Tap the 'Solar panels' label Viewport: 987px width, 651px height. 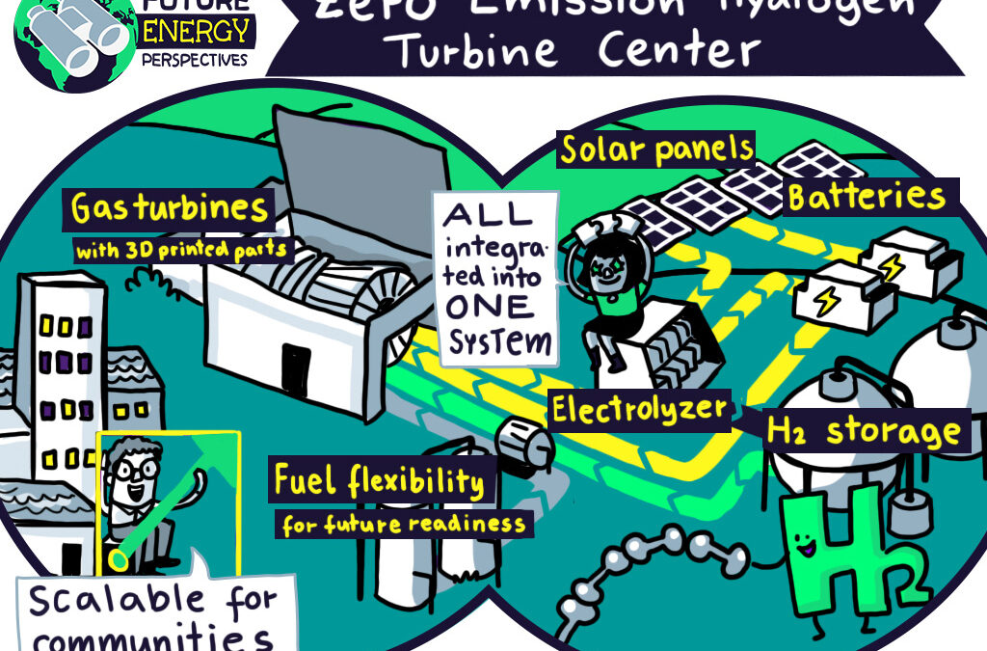[x=656, y=149]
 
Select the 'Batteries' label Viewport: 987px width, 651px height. [x=867, y=197]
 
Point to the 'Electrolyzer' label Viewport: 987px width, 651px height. [x=638, y=410]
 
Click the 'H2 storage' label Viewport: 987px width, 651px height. [x=865, y=430]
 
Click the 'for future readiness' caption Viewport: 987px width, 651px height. [x=405, y=525]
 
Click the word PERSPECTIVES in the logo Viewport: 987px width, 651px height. [x=197, y=59]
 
